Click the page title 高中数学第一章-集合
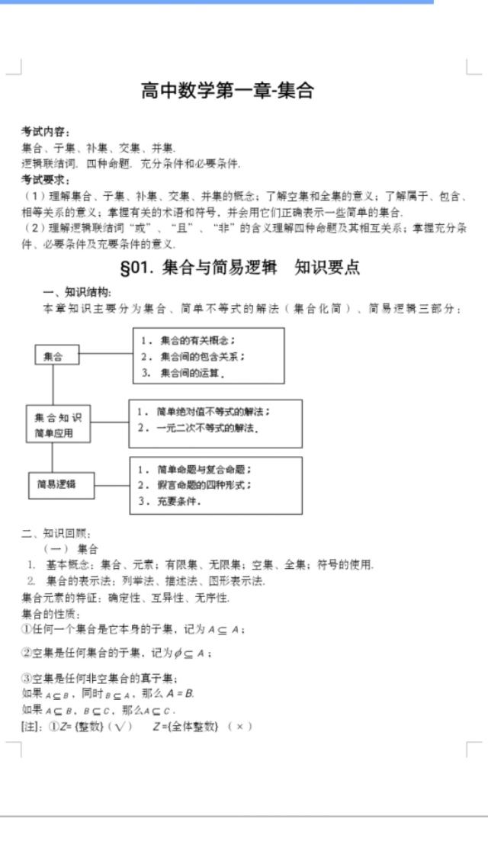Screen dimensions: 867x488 [x=227, y=91]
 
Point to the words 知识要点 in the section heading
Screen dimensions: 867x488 [x=327, y=268]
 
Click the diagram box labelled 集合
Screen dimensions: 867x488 [x=53, y=355]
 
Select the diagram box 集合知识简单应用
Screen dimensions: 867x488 [x=58, y=425]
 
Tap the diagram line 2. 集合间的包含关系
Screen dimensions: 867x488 [x=192, y=356]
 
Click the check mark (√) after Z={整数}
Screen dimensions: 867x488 [x=119, y=726]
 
